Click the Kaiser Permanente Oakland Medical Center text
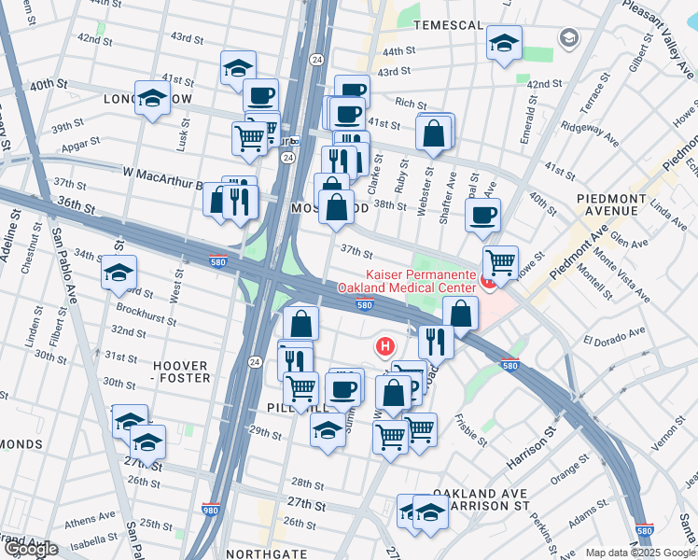tap(427, 283)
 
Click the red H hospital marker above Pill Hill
tap(384, 346)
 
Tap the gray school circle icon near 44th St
tap(567, 37)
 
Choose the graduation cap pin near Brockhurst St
tap(119, 273)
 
